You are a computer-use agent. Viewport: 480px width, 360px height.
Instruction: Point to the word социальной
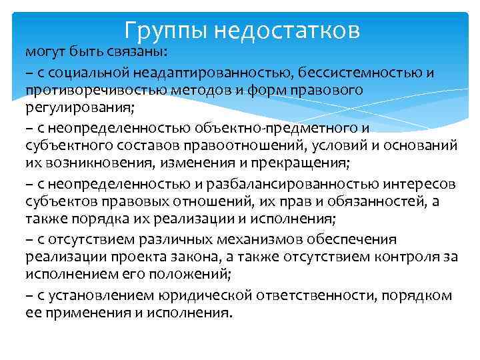coord(82,72)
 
